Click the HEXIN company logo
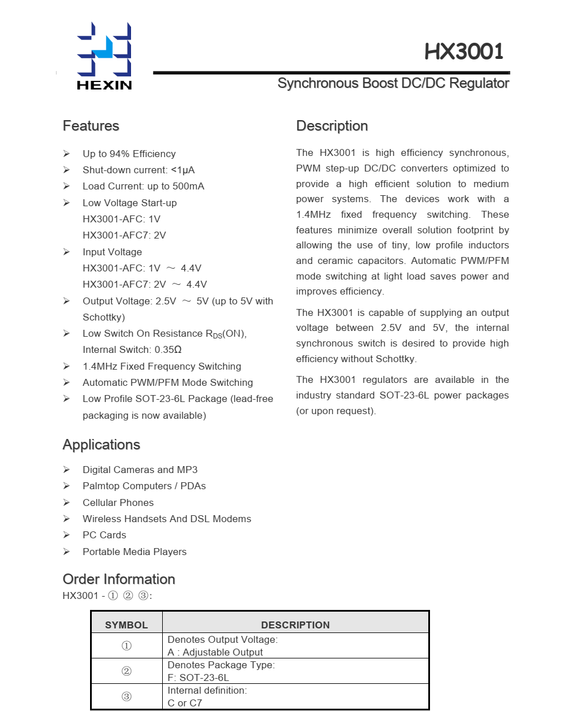coord(104,56)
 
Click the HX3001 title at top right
coord(464,52)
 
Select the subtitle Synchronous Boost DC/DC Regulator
coord(393,83)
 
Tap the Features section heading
coord(91,126)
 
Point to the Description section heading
coord(332,126)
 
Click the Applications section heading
coord(101,445)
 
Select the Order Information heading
coord(118,579)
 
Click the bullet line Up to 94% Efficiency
coord(129,154)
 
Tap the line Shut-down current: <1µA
coord(139,170)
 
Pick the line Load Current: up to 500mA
coord(143,186)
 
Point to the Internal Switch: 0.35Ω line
coord(132,349)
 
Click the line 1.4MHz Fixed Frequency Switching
coord(162,366)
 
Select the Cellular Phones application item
coord(118,502)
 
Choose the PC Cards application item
coord(104,535)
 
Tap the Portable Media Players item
coord(134,552)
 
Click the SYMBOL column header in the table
coord(126,625)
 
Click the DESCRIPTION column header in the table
coord(296,625)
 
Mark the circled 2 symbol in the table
coord(126,671)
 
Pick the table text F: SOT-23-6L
coord(198,678)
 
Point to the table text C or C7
coord(185,703)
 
